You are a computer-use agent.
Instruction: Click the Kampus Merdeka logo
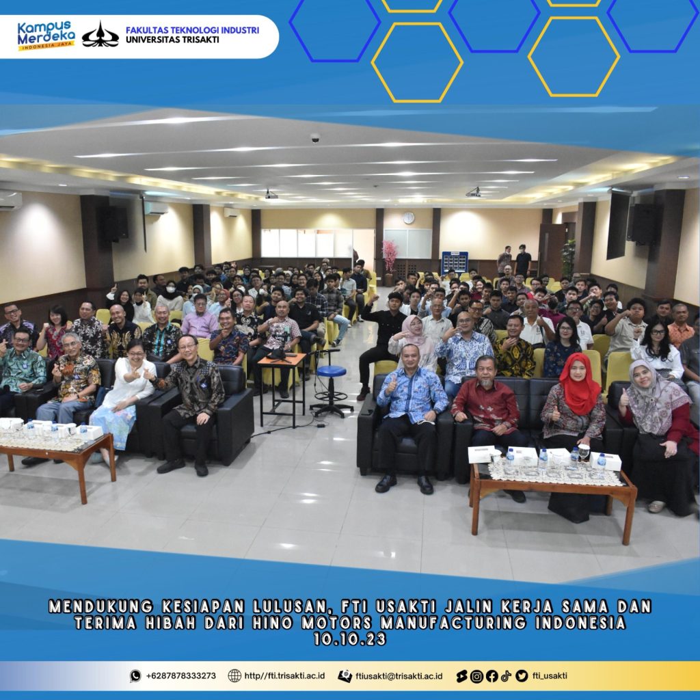click(x=46, y=35)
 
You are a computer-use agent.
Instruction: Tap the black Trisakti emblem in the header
click(x=100, y=35)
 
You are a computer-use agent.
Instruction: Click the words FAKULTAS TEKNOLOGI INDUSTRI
click(x=192, y=30)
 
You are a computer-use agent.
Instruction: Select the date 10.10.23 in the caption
click(x=349, y=639)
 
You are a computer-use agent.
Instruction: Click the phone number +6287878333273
click(x=180, y=675)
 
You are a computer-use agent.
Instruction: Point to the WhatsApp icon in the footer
click(x=135, y=676)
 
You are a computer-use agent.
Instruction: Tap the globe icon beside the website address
click(x=234, y=676)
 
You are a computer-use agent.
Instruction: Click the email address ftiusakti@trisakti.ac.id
click(x=399, y=676)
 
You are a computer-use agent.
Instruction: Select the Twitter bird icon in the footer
click(x=522, y=676)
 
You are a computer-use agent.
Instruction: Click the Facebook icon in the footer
click(x=492, y=676)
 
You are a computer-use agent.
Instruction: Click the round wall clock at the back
click(x=409, y=218)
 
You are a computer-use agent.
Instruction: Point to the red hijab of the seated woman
click(x=580, y=384)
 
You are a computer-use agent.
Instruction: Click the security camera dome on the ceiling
click(x=315, y=137)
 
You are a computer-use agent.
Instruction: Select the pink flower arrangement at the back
click(x=390, y=256)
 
